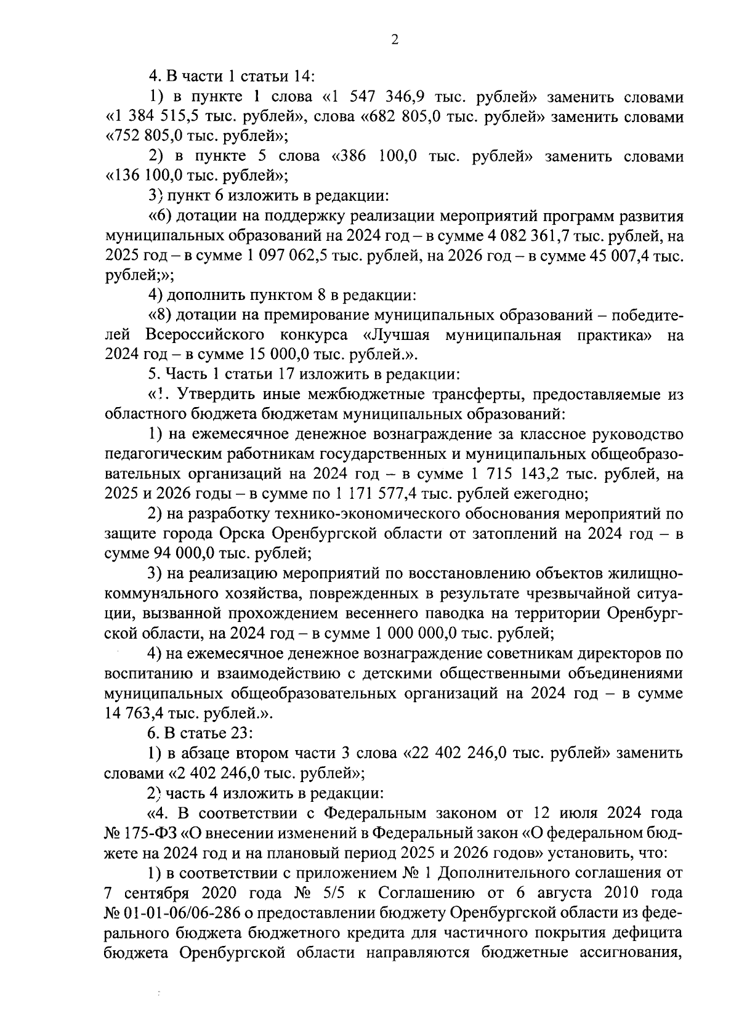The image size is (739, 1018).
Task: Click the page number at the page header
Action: pos(395,40)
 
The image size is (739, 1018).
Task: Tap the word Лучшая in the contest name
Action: pos(397,336)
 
